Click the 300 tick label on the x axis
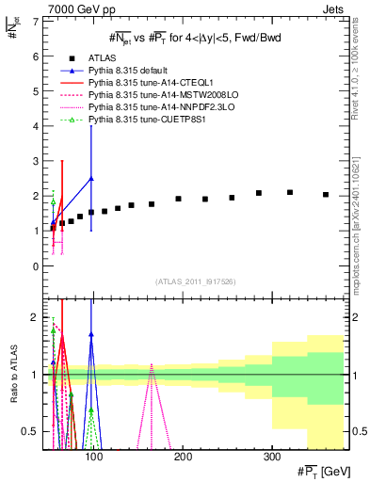click(271, 456)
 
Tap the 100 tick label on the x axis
click(93, 456)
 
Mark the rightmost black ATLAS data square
click(326, 195)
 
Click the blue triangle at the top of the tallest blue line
click(91, 178)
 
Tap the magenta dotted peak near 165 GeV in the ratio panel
click(152, 367)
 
